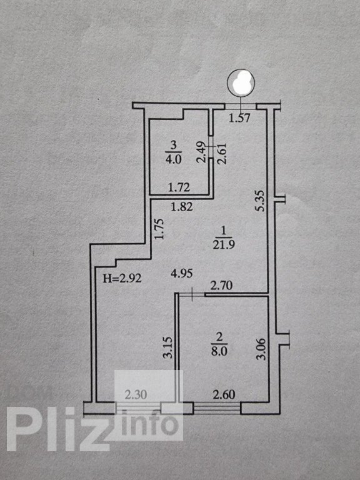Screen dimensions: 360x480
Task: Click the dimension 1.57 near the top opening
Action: (x=240, y=118)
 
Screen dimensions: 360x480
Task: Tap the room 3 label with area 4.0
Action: (x=174, y=152)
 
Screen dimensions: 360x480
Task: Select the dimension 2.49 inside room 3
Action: (x=201, y=151)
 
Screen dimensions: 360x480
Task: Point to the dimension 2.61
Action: (x=222, y=154)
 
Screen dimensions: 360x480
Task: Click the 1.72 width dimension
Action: (x=179, y=187)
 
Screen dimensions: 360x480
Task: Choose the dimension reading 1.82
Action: (x=182, y=207)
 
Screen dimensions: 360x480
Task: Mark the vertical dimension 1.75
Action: (x=159, y=229)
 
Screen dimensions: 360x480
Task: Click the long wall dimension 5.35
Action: (x=261, y=201)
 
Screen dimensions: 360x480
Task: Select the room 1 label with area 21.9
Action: (x=224, y=238)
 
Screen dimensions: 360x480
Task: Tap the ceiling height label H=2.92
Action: (x=122, y=278)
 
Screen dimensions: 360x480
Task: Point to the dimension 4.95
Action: (x=181, y=273)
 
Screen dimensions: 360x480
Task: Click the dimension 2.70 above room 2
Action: (x=222, y=286)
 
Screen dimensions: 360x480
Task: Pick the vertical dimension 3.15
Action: (x=168, y=347)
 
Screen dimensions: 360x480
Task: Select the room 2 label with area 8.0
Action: (x=219, y=344)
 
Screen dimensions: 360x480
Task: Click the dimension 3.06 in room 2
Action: (x=262, y=349)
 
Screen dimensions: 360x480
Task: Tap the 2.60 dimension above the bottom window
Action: (x=224, y=394)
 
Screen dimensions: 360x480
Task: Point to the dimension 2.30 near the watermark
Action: (x=136, y=394)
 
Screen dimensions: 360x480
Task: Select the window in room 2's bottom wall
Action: (x=217, y=408)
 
